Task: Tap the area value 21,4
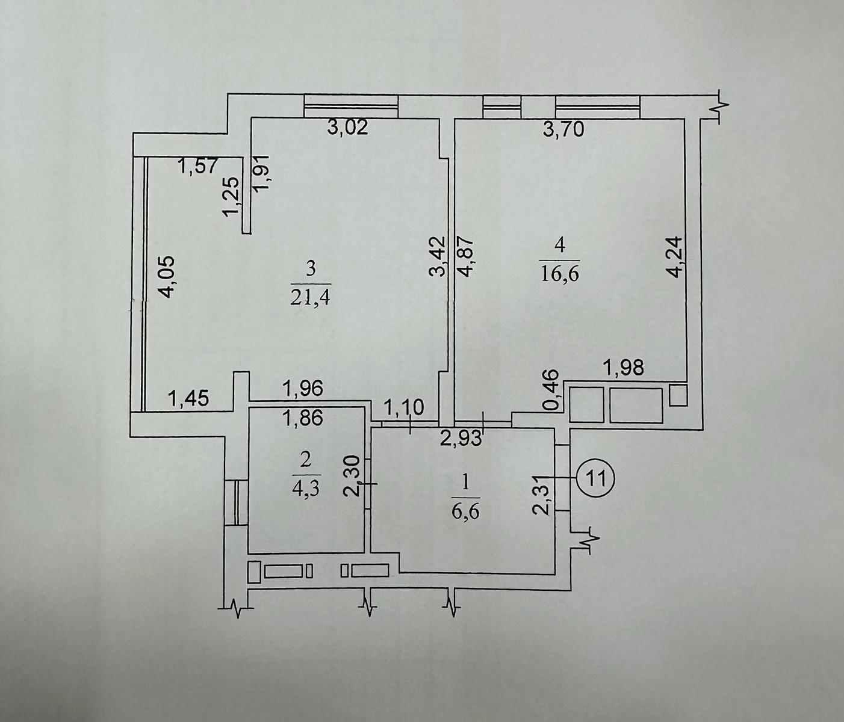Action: tap(311, 297)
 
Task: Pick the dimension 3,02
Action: tap(347, 128)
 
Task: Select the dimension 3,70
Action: tap(563, 129)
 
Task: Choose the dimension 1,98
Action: tap(623, 368)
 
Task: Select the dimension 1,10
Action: tap(403, 409)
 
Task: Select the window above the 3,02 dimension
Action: tap(351, 107)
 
